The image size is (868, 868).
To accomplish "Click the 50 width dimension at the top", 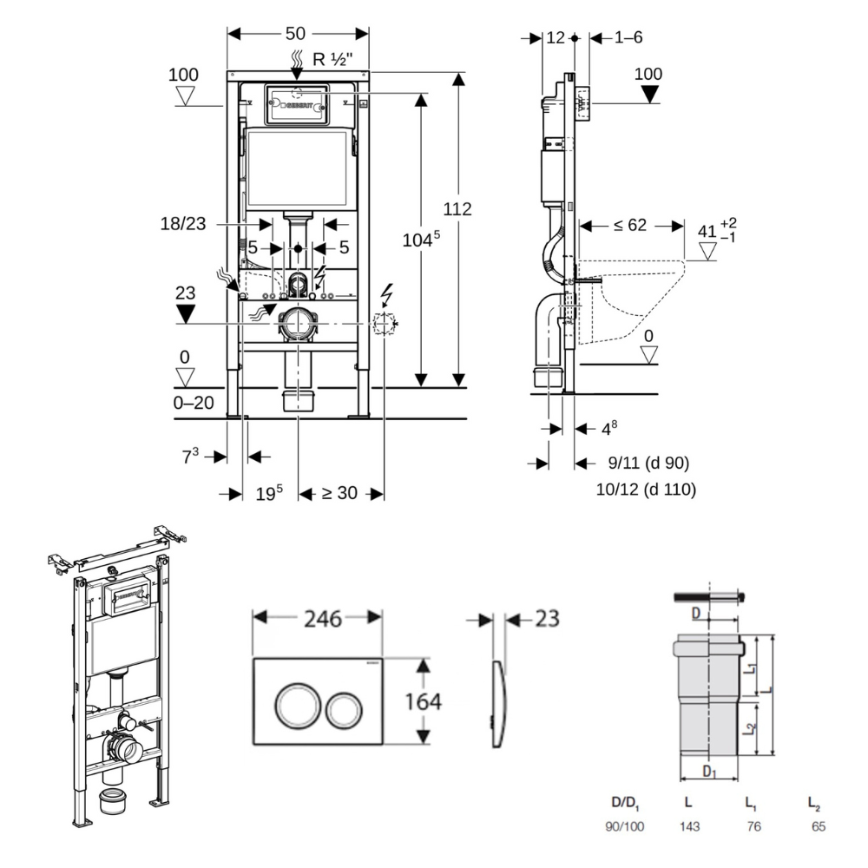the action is click(x=295, y=34).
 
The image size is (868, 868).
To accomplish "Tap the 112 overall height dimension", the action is click(x=457, y=208).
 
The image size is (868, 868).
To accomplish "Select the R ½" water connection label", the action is click(x=332, y=59).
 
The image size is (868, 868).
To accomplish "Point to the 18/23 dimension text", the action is click(x=182, y=224).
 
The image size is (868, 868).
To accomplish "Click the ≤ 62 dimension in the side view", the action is click(x=630, y=225).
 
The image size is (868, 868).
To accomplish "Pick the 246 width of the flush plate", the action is click(x=323, y=619).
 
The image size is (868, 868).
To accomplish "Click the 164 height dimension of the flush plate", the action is click(x=424, y=702).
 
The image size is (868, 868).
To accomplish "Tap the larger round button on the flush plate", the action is click(x=294, y=705).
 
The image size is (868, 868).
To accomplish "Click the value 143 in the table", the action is click(x=690, y=826).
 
